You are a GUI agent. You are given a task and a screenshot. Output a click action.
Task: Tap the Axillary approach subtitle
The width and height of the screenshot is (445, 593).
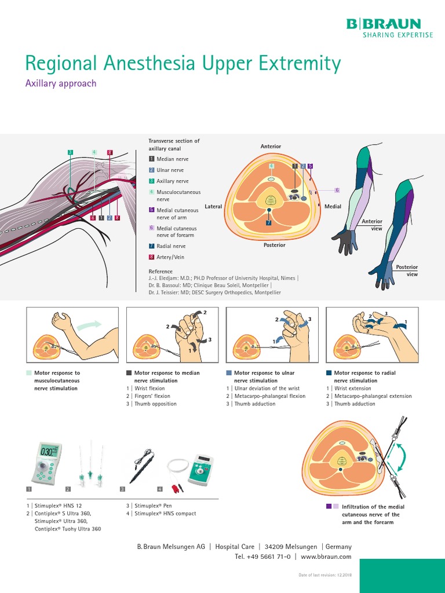pos(61,83)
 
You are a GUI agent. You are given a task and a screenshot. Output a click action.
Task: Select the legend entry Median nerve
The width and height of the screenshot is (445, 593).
pos(172,159)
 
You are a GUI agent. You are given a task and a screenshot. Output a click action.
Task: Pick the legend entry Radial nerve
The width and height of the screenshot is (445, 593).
pos(172,246)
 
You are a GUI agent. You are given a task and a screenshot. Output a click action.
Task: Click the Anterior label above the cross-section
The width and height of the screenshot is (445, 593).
pos(270,147)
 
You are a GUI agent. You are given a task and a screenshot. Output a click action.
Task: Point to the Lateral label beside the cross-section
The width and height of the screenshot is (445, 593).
pos(213,206)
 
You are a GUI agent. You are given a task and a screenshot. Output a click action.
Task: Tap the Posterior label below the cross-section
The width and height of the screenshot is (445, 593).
pos(274,245)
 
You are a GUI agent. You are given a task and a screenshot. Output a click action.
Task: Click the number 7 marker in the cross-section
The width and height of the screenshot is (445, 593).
pos(268,222)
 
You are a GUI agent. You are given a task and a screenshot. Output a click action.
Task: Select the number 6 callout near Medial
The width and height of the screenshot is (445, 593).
pos(337,190)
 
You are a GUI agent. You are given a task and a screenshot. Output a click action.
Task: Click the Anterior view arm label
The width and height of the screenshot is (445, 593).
pos(372,225)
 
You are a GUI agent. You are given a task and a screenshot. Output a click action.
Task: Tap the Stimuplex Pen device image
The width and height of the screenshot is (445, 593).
pos(142,466)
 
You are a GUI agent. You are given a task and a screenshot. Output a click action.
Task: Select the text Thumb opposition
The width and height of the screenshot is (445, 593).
pos(155,404)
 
